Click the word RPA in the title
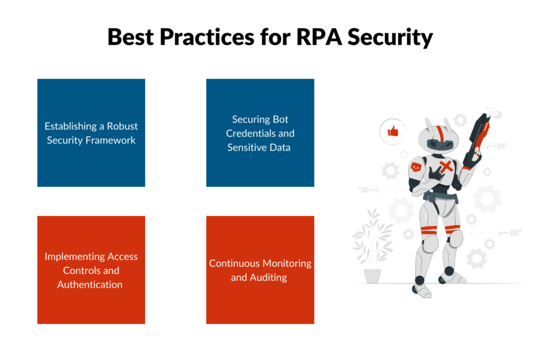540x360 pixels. (x=319, y=37)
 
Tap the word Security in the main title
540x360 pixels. (x=390, y=37)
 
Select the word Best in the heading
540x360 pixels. (x=131, y=37)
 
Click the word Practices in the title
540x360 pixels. (x=207, y=37)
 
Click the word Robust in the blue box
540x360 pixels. (x=122, y=127)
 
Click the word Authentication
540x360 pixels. (x=90, y=285)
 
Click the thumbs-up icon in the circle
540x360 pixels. (x=393, y=131)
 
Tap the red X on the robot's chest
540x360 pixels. (x=446, y=167)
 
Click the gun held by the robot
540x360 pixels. (x=477, y=139)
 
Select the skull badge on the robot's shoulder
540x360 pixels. (x=416, y=167)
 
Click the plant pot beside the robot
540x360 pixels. (x=372, y=276)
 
